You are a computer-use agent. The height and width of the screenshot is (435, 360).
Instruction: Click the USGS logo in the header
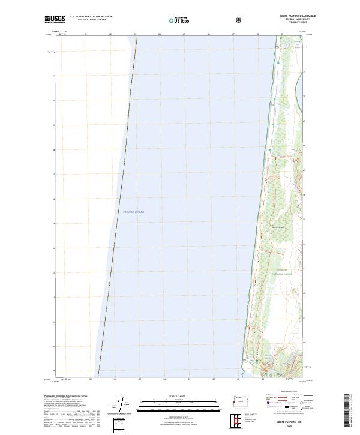tap(55, 19)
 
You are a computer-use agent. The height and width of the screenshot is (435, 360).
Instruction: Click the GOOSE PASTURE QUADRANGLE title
tap(296, 16)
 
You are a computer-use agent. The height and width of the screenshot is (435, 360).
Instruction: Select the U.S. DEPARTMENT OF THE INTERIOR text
tap(91, 17)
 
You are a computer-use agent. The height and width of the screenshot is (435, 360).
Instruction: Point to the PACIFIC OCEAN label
tap(133, 212)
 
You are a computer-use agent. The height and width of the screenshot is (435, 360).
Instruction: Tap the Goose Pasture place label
tap(278, 227)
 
